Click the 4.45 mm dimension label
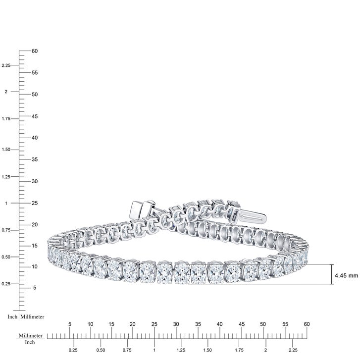click(346, 275)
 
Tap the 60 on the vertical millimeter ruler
click(35, 51)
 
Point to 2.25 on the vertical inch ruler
click(6, 65)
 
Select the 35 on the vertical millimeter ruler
click(35, 159)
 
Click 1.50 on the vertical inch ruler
click(6, 150)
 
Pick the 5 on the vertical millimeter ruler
click(35, 288)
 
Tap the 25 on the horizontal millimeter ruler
click(154, 324)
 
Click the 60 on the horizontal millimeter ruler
click(307, 324)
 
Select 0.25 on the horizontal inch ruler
click(73, 350)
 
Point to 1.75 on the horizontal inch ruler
click(239, 350)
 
